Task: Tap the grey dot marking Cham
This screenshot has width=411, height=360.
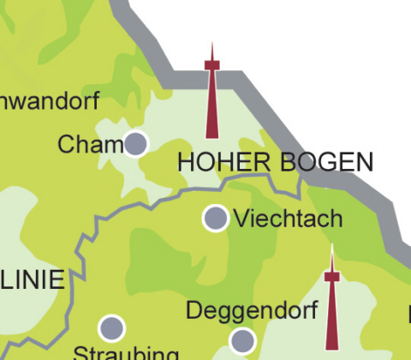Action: point(135,143)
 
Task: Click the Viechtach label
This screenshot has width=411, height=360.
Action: point(288,219)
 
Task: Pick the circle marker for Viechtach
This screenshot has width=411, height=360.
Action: point(215,218)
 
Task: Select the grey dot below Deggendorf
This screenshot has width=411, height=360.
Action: point(243,340)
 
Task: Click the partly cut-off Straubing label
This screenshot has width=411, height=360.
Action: point(126,353)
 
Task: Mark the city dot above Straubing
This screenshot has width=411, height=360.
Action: point(111,327)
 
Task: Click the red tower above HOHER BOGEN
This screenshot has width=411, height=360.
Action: point(211,94)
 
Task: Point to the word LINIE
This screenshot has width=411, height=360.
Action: point(32,279)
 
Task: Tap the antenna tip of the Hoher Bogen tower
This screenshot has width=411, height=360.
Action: point(211,44)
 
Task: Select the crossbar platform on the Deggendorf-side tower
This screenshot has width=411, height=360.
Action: point(331,275)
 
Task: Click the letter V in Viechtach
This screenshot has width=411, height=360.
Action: point(241,219)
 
